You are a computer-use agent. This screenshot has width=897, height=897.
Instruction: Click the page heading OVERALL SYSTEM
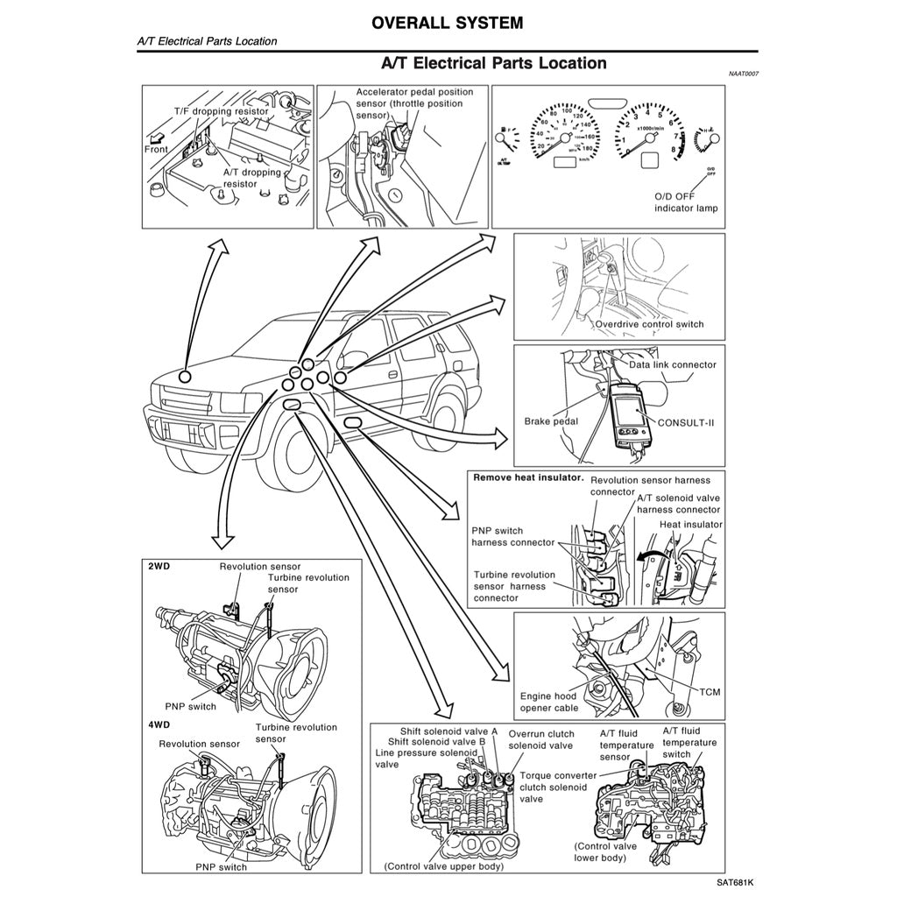(447, 23)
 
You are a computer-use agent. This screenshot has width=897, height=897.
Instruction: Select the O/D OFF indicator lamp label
(686, 202)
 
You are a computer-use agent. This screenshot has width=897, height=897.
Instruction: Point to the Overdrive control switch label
(649, 324)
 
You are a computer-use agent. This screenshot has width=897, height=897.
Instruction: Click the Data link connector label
(672, 364)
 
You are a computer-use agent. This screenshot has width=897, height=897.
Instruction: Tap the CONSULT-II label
(685, 421)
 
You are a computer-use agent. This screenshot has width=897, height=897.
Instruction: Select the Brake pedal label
(551, 421)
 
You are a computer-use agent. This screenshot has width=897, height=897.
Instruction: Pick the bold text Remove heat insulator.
(528, 478)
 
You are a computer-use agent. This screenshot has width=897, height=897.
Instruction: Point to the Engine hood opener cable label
(549, 702)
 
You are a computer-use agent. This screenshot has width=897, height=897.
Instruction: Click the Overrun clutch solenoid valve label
(541, 739)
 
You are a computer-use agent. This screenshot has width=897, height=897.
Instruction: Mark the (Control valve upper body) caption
(444, 866)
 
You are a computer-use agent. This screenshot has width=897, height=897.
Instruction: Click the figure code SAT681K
(733, 884)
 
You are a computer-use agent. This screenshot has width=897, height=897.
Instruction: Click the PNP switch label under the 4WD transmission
(221, 867)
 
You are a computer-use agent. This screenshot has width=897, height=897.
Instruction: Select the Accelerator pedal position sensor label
(414, 103)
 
